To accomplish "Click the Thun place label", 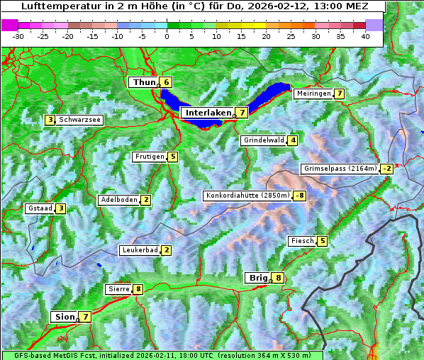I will click(x=143, y=82).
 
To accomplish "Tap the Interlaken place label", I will click(x=208, y=113).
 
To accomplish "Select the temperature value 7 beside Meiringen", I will click(x=339, y=94).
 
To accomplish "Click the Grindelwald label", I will click(x=264, y=140).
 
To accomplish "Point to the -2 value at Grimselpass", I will click(x=386, y=169).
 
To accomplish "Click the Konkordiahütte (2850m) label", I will click(x=247, y=196).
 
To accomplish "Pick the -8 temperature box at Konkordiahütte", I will click(x=300, y=196).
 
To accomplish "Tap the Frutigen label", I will click(x=150, y=157).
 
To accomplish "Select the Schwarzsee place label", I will click(x=80, y=120).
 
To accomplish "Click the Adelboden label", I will click(x=118, y=200).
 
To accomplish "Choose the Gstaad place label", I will click(x=40, y=208).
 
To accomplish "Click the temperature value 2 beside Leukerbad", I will click(x=166, y=250).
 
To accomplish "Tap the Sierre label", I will click(x=118, y=289).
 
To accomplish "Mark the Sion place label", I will click(x=64, y=317).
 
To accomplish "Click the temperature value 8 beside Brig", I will click(x=279, y=278).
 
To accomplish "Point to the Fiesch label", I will click(x=302, y=241).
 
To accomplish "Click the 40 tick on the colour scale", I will click(x=365, y=35).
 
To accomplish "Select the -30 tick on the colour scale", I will click(x=18, y=35).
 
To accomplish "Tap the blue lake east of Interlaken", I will click(x=270, y=96).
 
